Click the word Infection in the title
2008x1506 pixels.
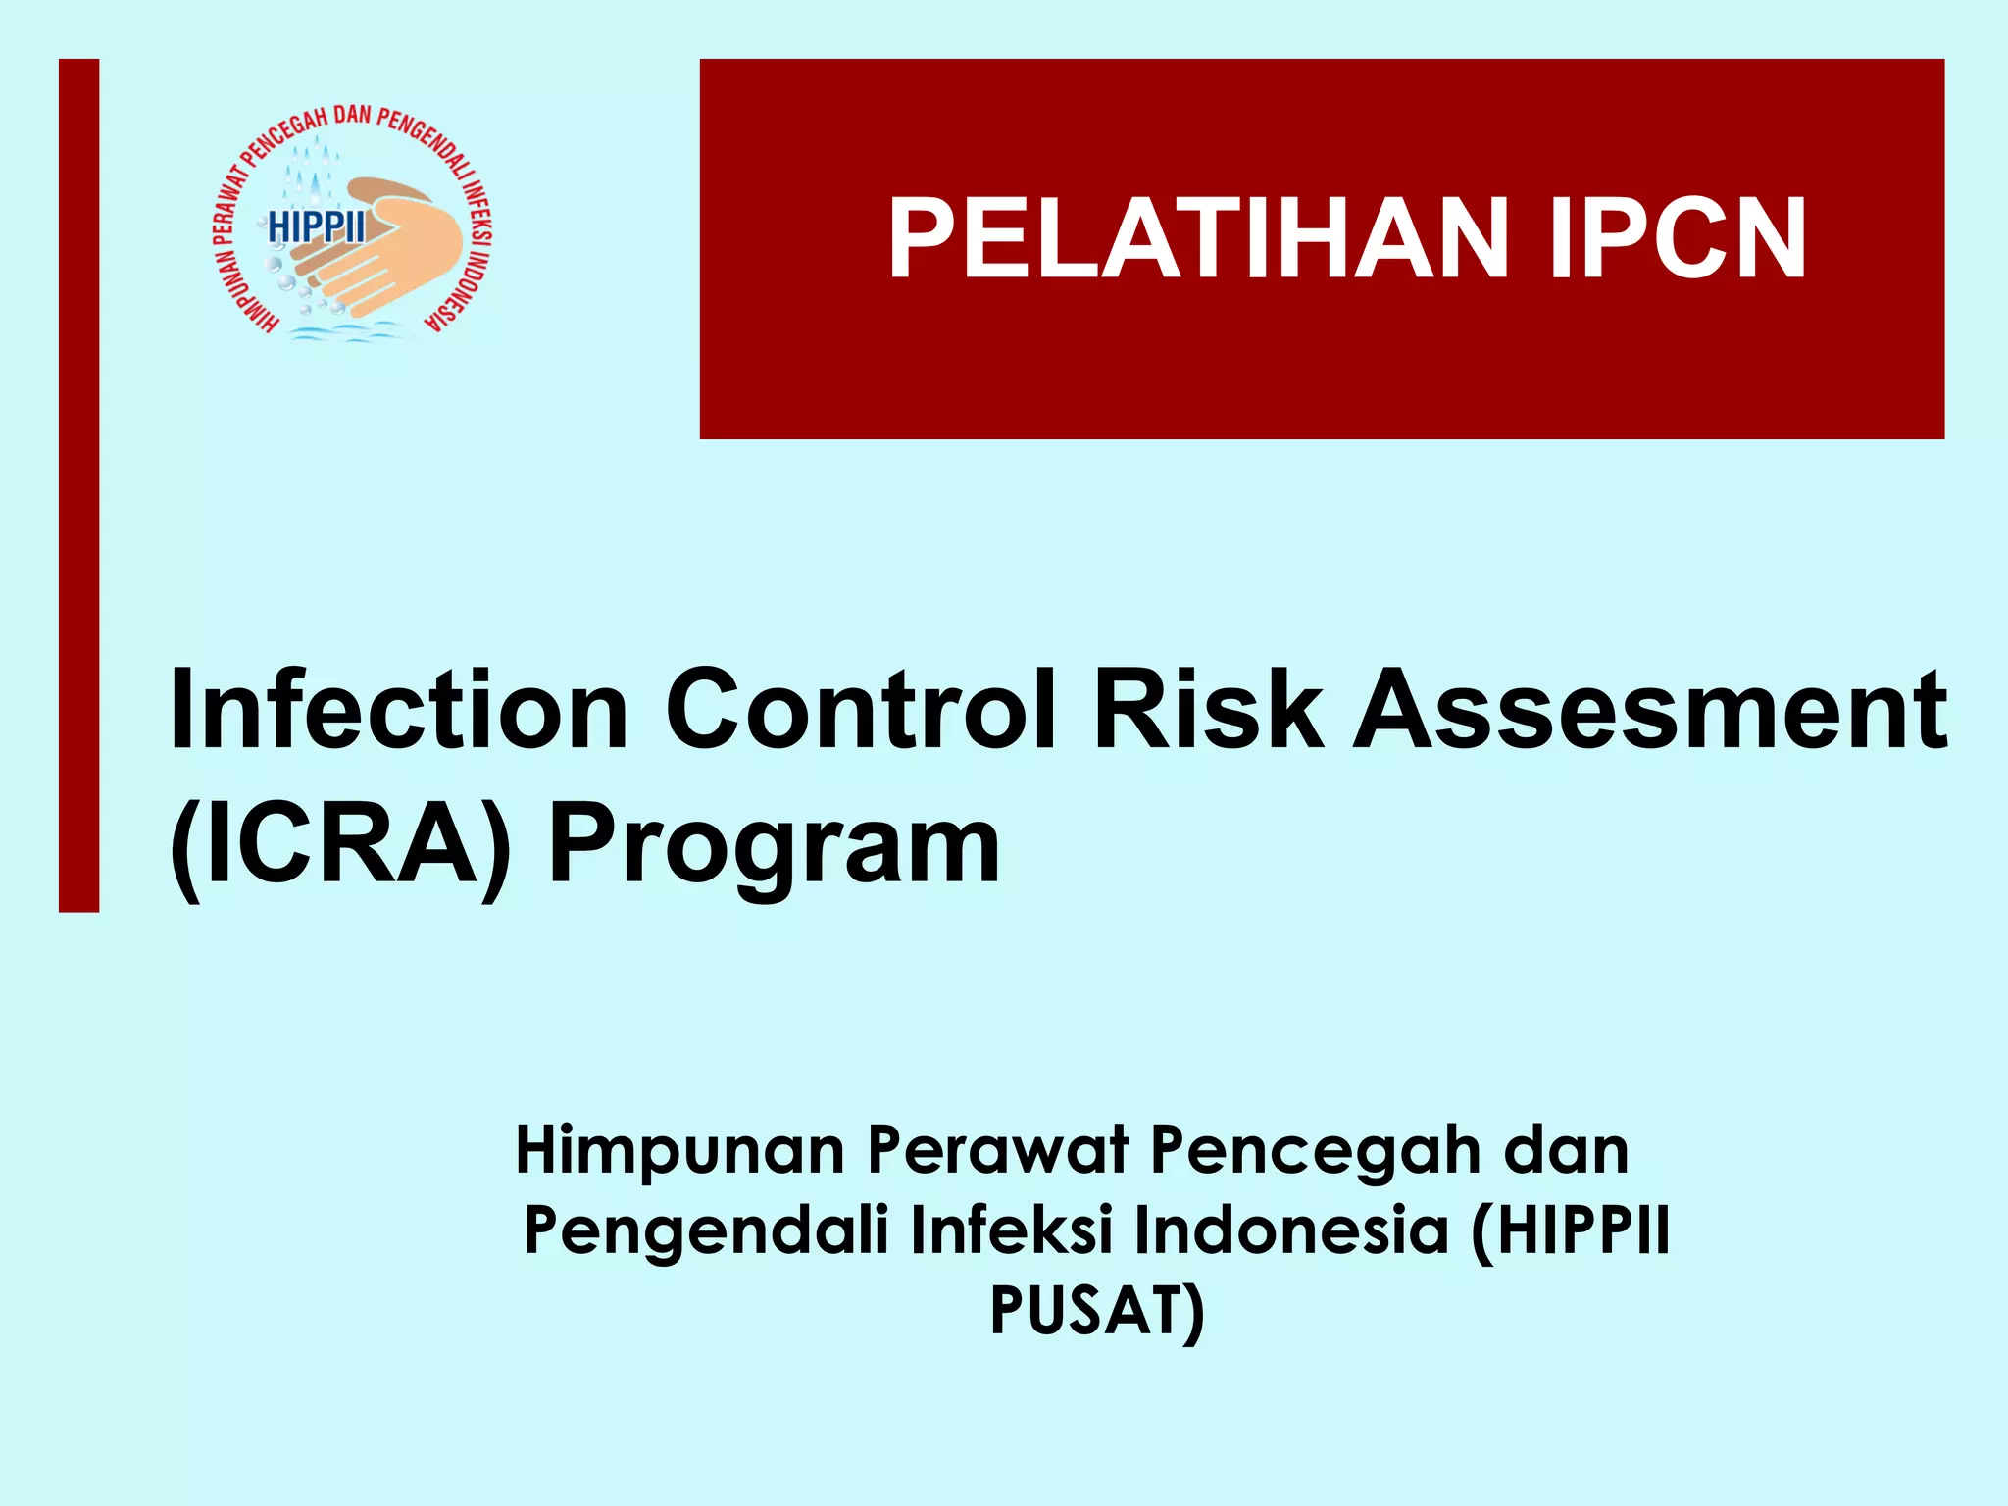[x=398, y=710]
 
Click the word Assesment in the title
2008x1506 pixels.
[x=1650, y=710]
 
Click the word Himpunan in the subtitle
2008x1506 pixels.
[x=679, y=1150]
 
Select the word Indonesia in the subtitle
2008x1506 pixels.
[x=1291, y=1230]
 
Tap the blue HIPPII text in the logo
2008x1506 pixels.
[x=317, y=227]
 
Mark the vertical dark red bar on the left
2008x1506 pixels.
[x=78, y=485]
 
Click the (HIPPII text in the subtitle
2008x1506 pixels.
[x=1569, y=1231]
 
